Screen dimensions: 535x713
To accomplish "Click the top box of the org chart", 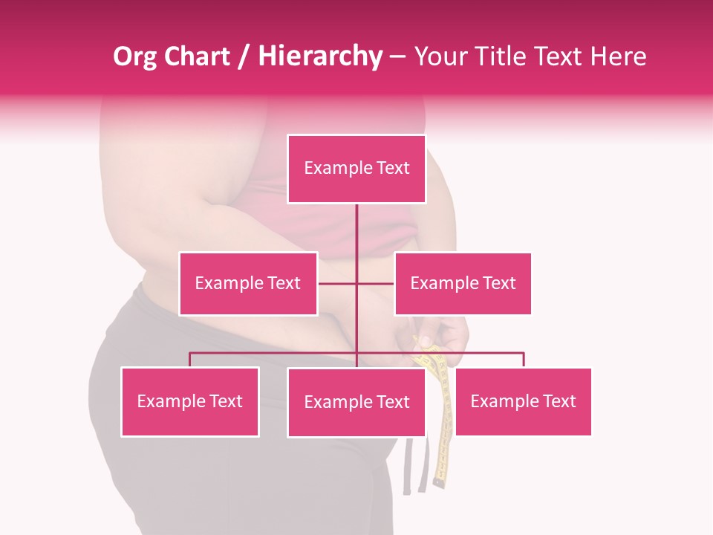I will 356,169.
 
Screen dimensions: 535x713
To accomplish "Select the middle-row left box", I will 248,283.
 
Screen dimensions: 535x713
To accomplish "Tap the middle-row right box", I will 463,283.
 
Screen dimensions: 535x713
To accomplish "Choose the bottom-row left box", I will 190,402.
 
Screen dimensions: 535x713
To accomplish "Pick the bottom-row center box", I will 356,403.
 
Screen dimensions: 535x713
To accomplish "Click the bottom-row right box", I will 523,402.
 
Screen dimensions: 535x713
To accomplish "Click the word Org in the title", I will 134,56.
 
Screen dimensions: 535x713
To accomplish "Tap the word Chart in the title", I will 196,56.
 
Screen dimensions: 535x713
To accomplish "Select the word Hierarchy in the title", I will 319,56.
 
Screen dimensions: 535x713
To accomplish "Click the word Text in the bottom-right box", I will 560,402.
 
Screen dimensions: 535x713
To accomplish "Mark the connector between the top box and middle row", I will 356,227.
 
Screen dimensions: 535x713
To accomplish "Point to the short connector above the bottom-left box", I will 190,360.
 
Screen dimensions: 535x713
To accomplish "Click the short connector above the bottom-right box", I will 524,360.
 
